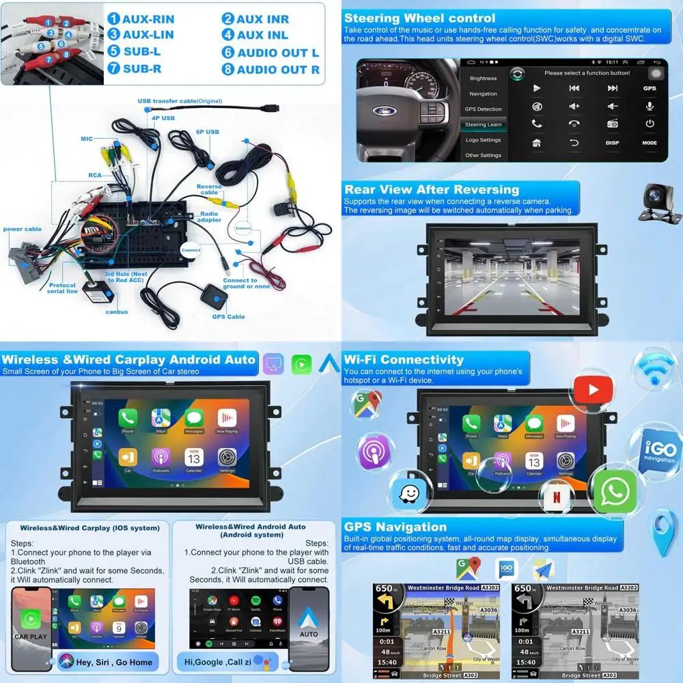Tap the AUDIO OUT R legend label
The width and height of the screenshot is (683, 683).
[278, 69]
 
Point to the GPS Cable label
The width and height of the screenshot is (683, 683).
[228, 316]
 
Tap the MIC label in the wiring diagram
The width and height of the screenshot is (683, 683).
[87, 139]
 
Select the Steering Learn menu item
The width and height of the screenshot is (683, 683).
[483, 124]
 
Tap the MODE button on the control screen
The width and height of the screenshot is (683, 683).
[649, 143]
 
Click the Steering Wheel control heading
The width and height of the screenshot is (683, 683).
[419, 18]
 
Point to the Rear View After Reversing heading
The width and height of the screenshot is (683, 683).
[432, 190]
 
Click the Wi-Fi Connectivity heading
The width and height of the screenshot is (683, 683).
[404, 359]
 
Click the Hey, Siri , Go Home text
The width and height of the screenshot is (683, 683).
[114, 662]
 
